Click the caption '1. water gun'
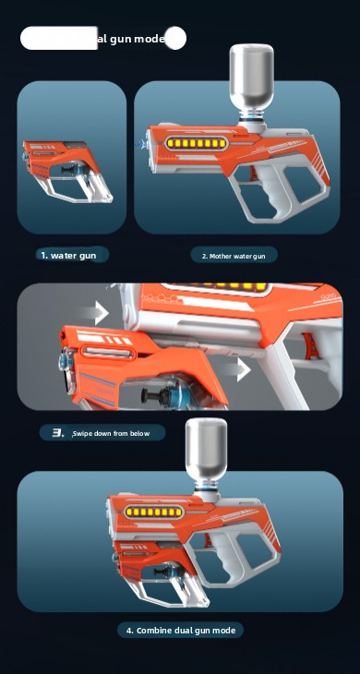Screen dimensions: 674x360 coord(68,255)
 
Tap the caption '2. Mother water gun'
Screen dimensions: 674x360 coord(234,256)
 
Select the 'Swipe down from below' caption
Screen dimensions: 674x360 coord(111,433)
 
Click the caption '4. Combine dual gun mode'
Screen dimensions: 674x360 coord(180,630)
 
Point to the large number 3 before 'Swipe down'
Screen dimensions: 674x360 coord(58,432)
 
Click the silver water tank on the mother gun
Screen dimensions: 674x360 coord(252,77)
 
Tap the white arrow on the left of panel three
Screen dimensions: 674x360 coord(99,313)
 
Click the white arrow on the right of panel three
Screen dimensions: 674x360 coord(242,370)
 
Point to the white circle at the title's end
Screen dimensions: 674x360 coord(175,38)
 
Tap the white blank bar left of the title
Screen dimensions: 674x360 coord(58,38)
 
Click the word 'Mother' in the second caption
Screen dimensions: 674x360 coord(221,256)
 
